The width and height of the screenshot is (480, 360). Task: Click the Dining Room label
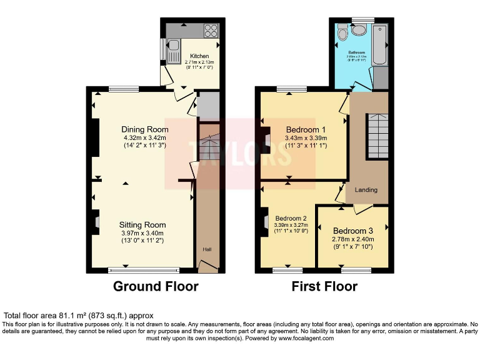[145, 130]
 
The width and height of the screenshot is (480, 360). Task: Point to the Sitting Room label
[142, 225]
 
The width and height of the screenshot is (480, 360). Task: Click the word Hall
[207, 249]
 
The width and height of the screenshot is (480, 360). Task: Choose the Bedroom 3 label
[353, 231]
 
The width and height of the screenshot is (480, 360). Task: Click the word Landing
[366, 189]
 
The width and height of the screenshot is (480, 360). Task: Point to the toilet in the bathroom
[342, 31]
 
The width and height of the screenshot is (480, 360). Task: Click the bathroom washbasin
[359, 29]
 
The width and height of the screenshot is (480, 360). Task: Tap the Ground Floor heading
[156, 287]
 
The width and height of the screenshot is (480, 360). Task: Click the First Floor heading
[325, 287]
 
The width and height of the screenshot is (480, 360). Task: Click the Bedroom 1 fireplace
[267, 139]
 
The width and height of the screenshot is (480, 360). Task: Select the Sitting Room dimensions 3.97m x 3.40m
[142, 233]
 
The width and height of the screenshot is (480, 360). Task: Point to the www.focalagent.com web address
[305, 338]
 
